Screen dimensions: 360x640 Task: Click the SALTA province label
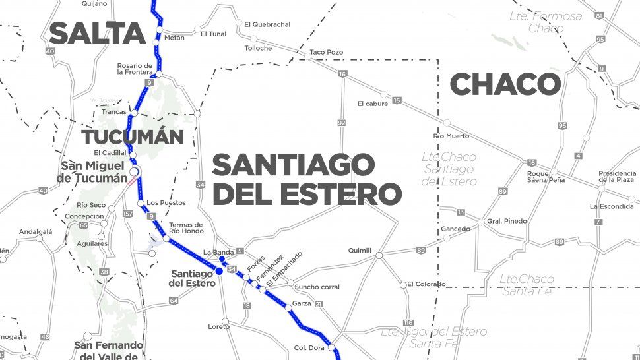point(96,33)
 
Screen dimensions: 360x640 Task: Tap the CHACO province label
point(505,84)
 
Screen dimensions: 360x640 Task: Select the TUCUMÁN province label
point(132,136)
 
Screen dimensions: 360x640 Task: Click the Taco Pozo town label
point(326,51)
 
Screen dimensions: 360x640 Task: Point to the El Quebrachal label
point(267,24)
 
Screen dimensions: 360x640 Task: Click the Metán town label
point(174,38)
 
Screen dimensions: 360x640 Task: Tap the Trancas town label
point(113,112)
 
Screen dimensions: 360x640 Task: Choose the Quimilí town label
point(360,251)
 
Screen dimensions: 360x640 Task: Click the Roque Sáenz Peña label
point(546,176)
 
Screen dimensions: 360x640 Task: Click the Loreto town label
point(218,326)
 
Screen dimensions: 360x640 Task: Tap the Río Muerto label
point(451,136)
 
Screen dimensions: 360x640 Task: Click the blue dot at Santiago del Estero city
point(218,270)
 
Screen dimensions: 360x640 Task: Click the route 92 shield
point(341,123)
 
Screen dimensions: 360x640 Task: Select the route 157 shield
point(128,214)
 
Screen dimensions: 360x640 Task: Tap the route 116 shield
point(408,322)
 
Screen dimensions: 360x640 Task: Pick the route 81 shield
point(598,15)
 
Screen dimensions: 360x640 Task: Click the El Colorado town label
point(426,284)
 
